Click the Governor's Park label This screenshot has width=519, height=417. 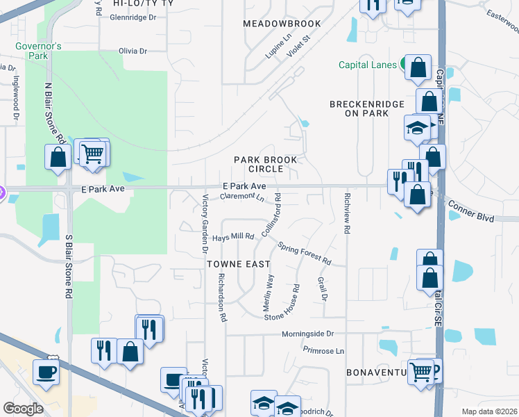click(40, 51)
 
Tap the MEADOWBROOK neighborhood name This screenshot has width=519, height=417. click(282, 24)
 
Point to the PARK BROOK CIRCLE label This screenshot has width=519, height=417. click(265, 164)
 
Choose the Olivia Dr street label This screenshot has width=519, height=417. click(133, 51)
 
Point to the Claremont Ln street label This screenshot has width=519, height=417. click(242, 197)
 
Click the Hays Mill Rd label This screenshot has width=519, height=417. click(233, 237)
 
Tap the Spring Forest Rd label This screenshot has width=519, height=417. click(305, 252)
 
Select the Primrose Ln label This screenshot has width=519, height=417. click(323, 351)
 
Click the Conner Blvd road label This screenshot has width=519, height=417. click(470, 211)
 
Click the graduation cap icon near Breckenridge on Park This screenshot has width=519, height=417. click(416, 128)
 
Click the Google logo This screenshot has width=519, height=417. click(23, 408)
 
